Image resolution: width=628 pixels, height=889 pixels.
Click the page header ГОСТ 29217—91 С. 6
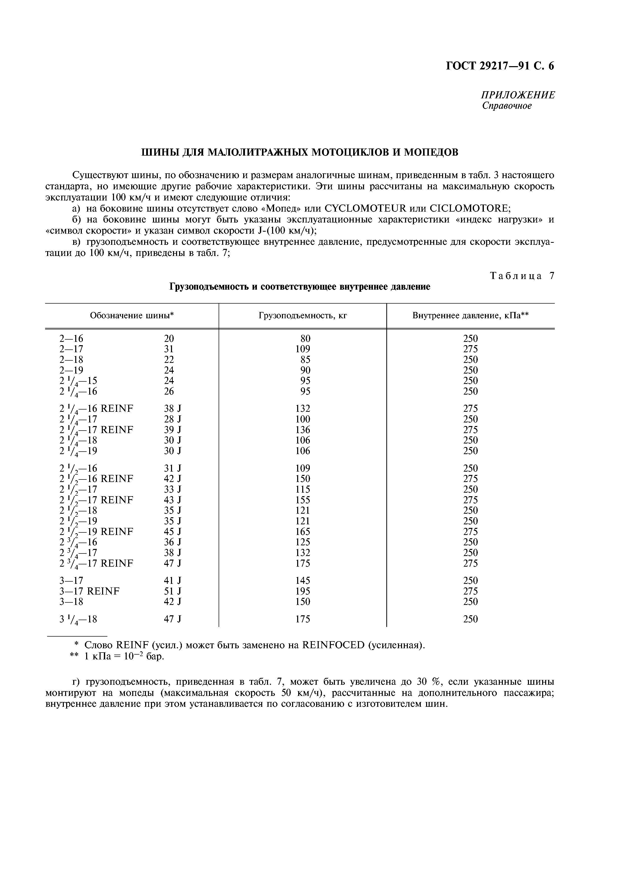pyautogui.click(x=500, y=66)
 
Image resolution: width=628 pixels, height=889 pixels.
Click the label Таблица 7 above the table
pyautogui.click(x=522, y=276)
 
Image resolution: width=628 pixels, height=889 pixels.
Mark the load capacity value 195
pyautogui.click(x=302, y=591)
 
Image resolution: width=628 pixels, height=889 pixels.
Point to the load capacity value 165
pyautogui.click(x=302, y=532)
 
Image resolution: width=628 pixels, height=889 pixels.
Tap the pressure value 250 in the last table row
pyautogui.click(x=470, y=620)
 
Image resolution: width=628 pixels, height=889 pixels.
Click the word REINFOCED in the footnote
pyautogui.click(x=333, y=645)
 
